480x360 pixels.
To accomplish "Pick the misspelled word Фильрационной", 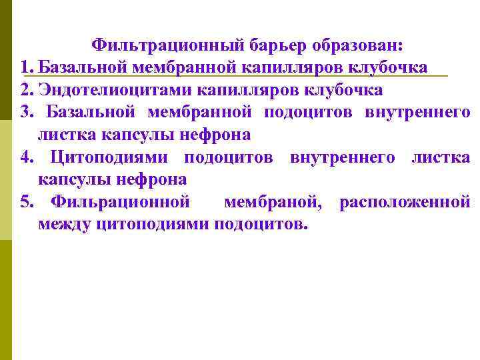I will [121, 202].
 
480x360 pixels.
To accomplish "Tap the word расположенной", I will [405, 202].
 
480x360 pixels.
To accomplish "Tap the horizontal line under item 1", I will [233, 77].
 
